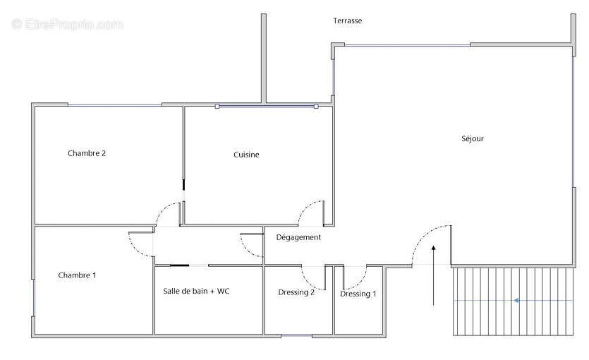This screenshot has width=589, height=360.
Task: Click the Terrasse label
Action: coord(348,20)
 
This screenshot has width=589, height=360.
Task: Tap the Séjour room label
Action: coord(473,138)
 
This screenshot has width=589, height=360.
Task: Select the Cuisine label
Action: coord(246,155)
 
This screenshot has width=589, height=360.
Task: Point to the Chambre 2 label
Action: coord(87,153)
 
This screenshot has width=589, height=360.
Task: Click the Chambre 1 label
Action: coord(77,275)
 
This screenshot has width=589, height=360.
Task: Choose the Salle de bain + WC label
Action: coord(196,291)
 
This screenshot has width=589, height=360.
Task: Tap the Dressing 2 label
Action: coord(296,292)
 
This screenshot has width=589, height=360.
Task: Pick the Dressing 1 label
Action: coord(358,294)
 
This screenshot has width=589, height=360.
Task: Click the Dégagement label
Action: coord(298,237)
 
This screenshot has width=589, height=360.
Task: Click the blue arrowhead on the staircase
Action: coord(516,300)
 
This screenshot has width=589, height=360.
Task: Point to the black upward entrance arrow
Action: coord(434,275)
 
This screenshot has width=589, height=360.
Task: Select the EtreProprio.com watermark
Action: coord(68,25)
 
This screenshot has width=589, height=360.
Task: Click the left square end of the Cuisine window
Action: coord(217,107)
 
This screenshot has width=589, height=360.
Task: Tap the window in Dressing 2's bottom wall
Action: coord(296,335)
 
